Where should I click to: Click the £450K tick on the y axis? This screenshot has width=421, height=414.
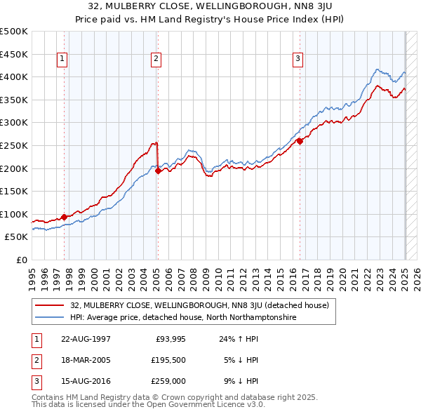point(14,54)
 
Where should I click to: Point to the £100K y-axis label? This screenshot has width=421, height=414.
point(14,215)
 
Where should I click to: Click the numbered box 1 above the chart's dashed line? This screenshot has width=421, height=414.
point(63,59)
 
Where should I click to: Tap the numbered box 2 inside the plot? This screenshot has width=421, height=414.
point(156,59)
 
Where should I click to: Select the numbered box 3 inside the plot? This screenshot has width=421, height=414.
point(298,59)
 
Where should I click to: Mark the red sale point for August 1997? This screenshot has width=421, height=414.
point(65,217)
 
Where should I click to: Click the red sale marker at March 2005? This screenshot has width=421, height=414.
point(158,170)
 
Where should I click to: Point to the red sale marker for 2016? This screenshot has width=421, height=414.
point(300,141)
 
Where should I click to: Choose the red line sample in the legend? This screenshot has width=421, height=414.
point(51,305)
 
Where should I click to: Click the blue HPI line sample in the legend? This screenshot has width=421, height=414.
point(51,317)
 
